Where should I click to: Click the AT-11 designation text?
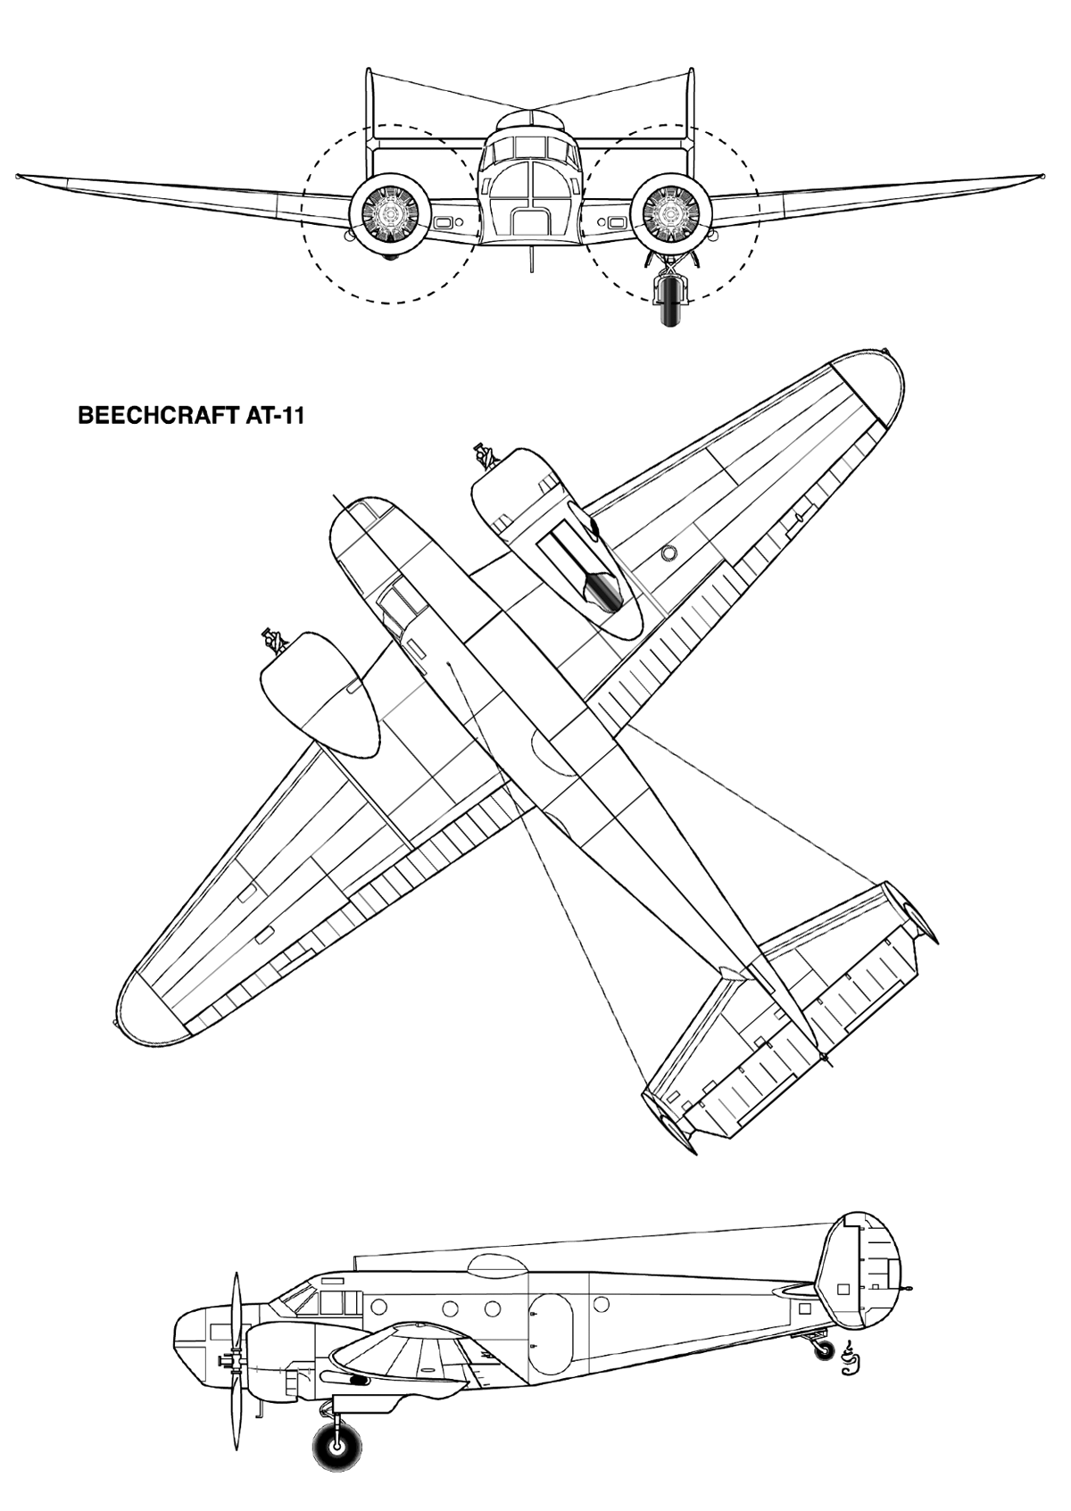(270, 416)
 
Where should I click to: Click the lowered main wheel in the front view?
(670, 303)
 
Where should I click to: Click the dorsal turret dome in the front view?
(530, 122)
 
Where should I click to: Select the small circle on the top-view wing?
(668, 553)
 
